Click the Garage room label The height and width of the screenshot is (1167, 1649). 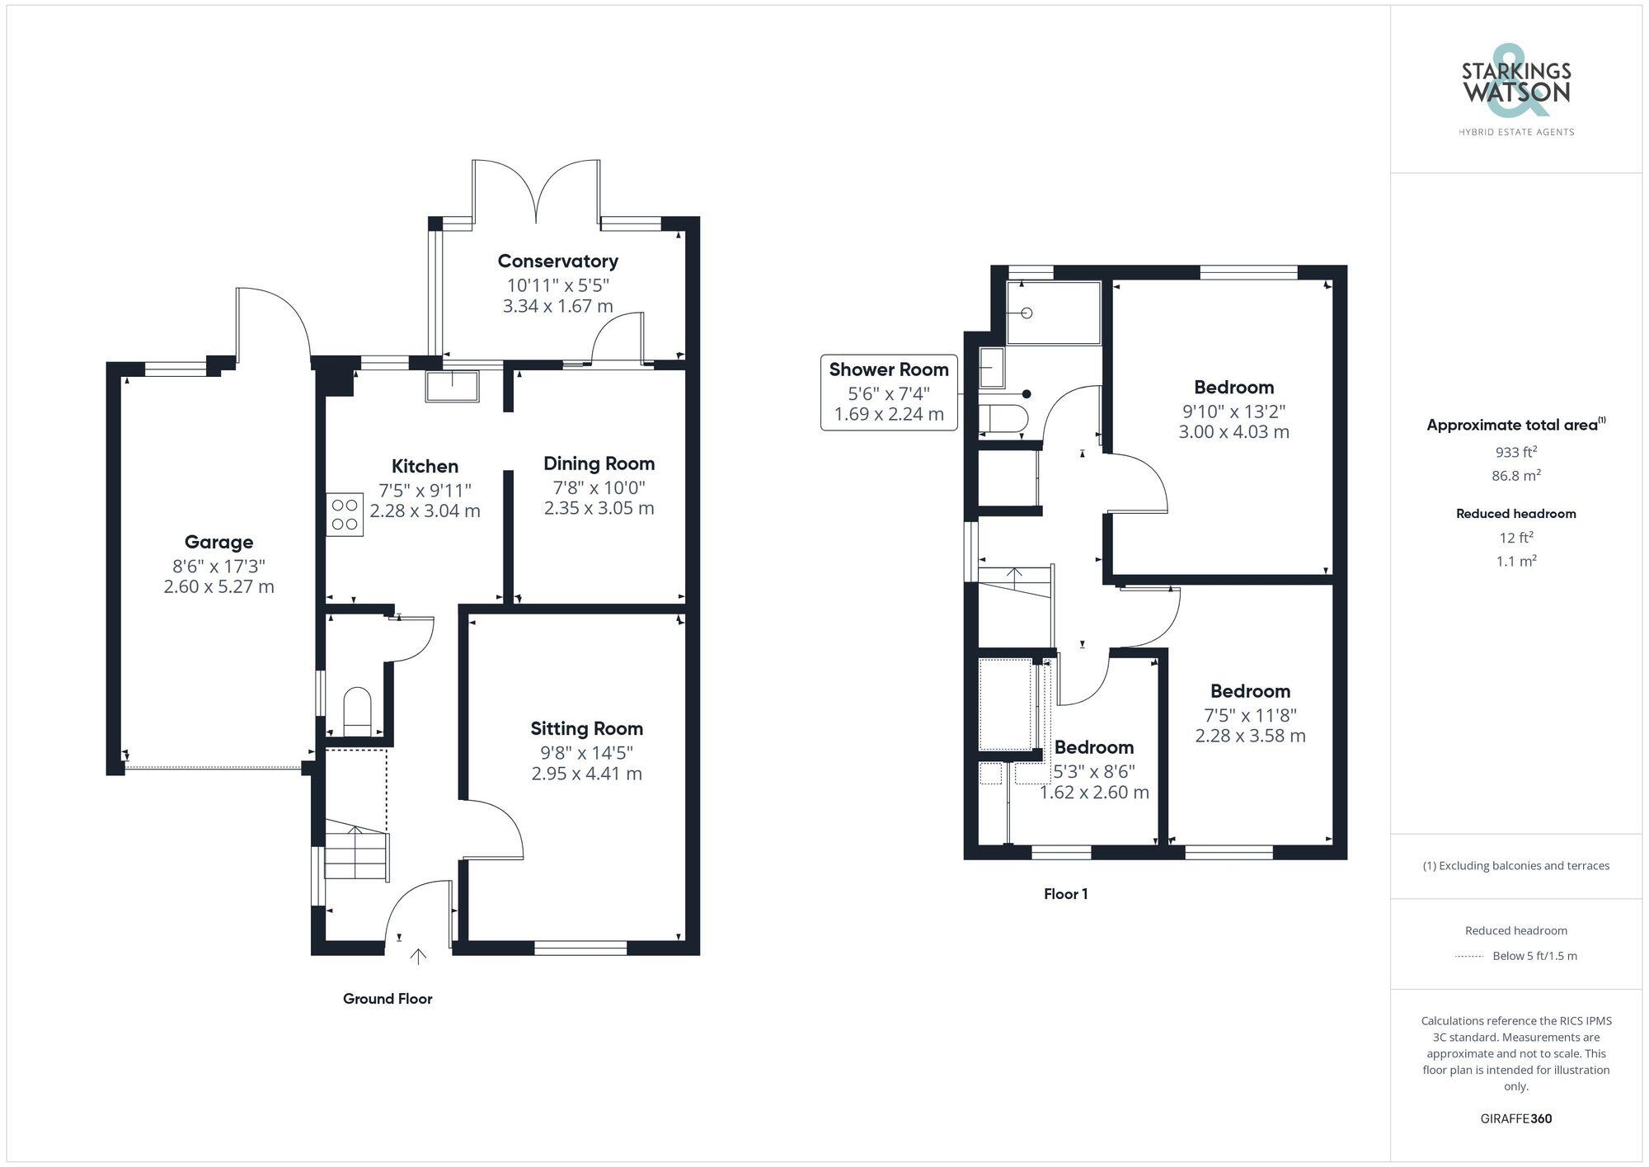pos(218,542)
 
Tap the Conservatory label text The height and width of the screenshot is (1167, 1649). pos(557,261)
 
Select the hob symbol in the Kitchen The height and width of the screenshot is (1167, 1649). pos(345,515)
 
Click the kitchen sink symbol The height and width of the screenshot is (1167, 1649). pos(452,386)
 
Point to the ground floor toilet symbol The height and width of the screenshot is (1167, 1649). pos(357,710)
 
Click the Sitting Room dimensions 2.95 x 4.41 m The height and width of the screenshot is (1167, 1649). pos(586,774)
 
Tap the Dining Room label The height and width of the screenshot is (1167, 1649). pos(599,464)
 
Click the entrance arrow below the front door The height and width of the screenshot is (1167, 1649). pos(419,957)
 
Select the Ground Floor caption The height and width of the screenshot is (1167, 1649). pos(388,999)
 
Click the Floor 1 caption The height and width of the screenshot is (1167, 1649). pos(1065,894)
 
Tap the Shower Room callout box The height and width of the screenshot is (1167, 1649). pos(889,392)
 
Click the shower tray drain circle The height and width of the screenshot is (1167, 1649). pos(1027,313)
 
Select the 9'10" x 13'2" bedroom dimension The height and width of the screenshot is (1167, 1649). pos(1233,411)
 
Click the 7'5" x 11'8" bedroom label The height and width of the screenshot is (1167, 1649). pos(1250,691)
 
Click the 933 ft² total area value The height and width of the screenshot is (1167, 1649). pos(1515,452)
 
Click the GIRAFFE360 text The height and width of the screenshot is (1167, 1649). pos(1515,1119)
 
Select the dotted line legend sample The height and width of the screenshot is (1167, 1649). pos(1469,957)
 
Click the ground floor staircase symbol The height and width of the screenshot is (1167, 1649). pos(355,849)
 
